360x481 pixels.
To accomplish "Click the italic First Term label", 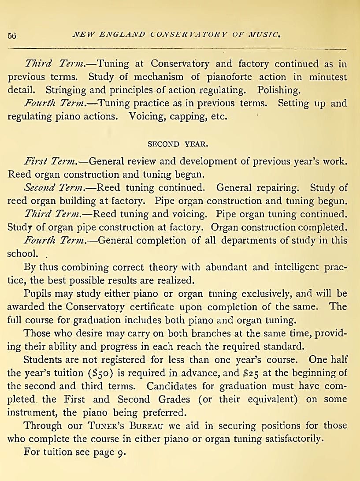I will (x=51, y=161).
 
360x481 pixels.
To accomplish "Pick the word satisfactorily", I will (x=281, y=439).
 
